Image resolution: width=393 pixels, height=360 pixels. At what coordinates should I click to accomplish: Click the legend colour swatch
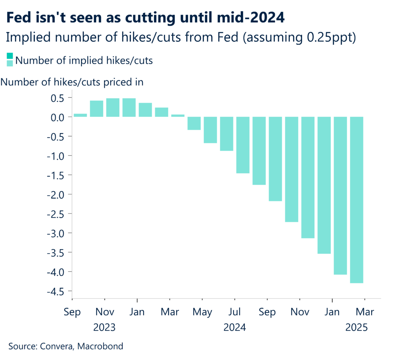(x=10, y=60)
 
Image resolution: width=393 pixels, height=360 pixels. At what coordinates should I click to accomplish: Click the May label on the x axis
(x=202, y=312)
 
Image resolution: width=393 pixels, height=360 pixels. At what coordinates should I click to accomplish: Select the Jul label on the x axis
(x=235, y=312)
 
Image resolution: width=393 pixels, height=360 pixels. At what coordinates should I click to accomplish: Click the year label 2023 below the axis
(x=105, y=328)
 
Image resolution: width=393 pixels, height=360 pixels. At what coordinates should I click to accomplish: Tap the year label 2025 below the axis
(x=357, y=328)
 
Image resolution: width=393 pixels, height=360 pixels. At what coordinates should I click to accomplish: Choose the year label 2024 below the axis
(x=235, y=328)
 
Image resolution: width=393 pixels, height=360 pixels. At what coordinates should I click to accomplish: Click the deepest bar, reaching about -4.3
(x=357, y=200)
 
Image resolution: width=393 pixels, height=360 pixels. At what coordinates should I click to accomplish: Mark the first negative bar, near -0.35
(x=194, y=123)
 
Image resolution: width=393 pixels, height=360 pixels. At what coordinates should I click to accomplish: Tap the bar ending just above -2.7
(x=292, y=169)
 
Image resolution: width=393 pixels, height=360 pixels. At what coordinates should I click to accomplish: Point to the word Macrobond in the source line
(x=100, y=346)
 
